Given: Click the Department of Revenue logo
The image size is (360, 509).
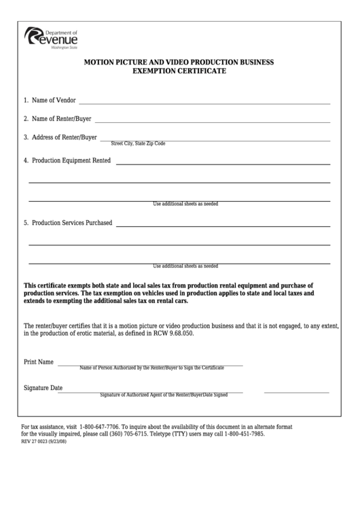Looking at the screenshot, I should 52,35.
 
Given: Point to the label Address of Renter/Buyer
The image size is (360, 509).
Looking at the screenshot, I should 60,137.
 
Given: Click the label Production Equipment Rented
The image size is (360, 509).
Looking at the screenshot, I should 67,161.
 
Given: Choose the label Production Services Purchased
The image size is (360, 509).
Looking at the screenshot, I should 68,223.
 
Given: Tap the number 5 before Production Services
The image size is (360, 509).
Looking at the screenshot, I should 26,223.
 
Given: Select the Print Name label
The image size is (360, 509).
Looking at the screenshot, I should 39,362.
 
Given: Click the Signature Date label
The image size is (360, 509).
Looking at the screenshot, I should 43,388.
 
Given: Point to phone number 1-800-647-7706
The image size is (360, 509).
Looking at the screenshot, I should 99,427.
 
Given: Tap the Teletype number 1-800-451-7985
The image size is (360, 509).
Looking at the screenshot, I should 241,434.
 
